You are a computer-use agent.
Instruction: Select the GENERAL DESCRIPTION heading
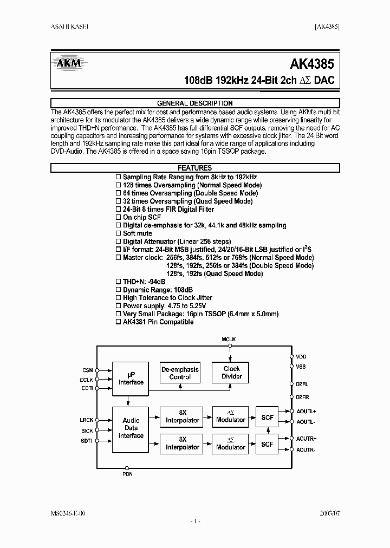(x=194, y=103)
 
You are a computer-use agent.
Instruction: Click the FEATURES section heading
(x=194, y=168)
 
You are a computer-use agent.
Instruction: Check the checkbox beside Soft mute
(x=119, y=233)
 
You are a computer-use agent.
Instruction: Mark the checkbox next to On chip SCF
(x=119, y=217)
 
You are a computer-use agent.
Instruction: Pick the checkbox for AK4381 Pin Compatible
(x=119, y=322)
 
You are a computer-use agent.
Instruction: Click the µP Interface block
(x=131, y=378)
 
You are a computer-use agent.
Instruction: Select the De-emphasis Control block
(x=180, y=373)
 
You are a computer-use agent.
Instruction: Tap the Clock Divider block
(x=231, y=373)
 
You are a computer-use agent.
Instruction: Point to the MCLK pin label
(x=229, y=339)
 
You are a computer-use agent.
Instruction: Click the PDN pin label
(x=127, y=474)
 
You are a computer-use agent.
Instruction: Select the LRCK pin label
(x=86, y=420)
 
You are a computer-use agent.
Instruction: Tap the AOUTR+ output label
(x=306, y=438)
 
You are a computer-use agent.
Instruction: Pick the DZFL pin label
(x=302, y=384)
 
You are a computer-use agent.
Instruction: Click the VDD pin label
(x=301, y=357)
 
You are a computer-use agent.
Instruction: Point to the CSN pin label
(x=88, y=370)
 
